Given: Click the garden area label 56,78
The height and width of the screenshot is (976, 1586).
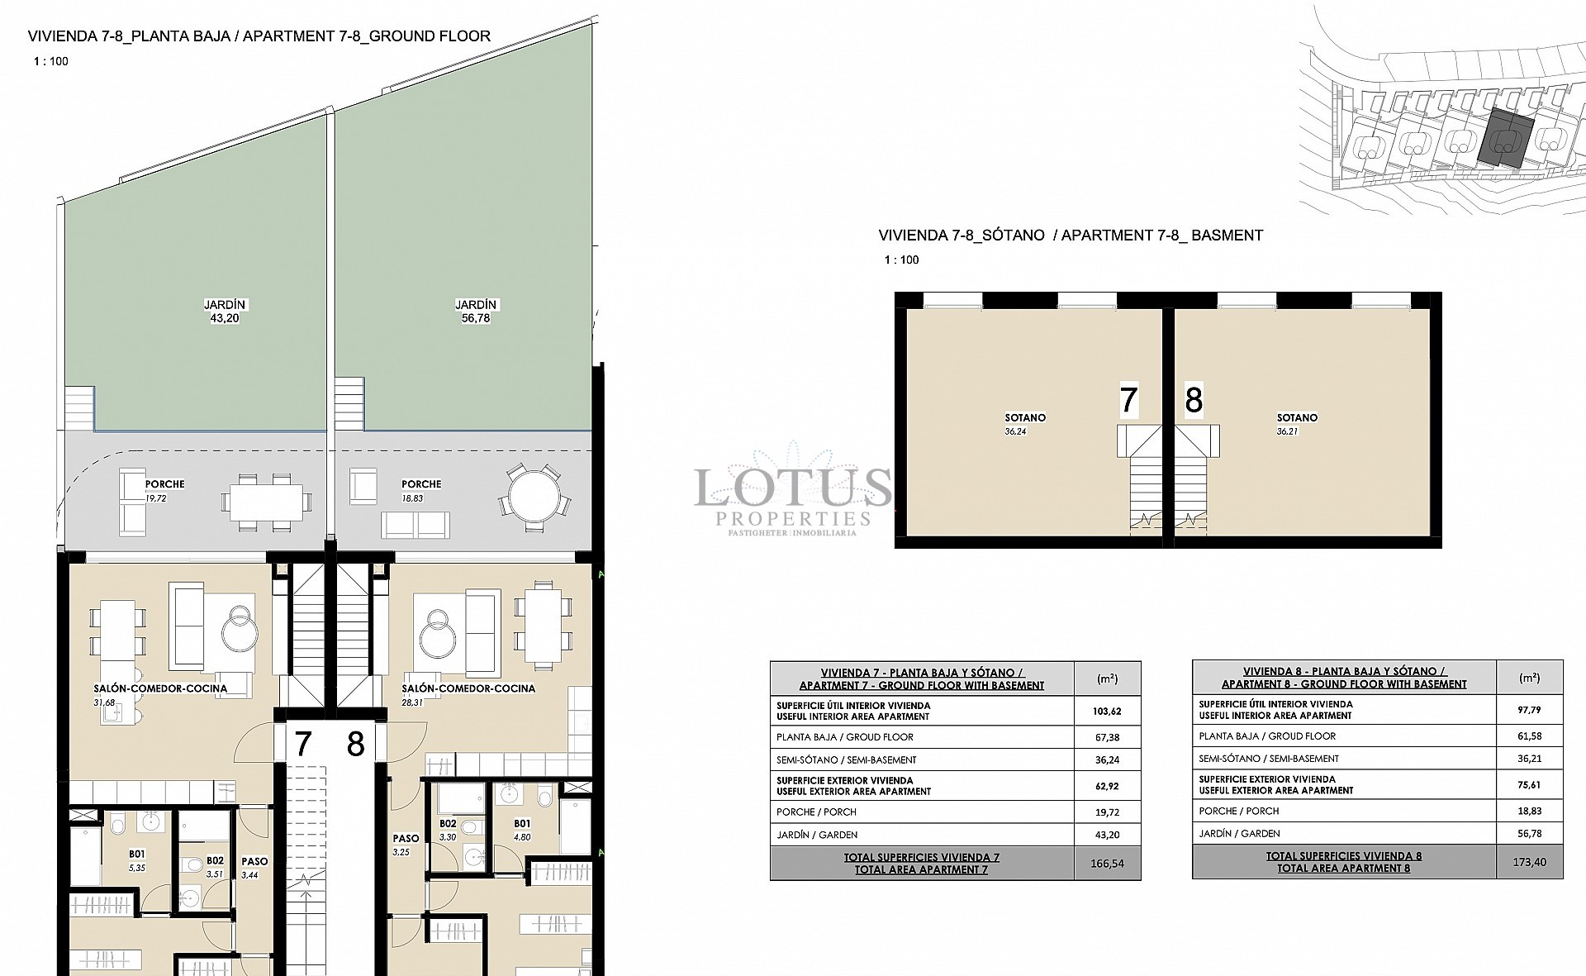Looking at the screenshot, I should (x=475, y=312).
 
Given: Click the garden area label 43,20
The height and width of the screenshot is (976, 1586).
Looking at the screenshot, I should (x=225, y=312).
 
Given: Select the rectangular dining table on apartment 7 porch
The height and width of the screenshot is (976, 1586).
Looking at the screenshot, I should (x=266, y=502).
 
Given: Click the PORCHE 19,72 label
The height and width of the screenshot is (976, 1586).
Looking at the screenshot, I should (x=164, y=490).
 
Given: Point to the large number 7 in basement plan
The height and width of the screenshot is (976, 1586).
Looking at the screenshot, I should (x=1128, y=400).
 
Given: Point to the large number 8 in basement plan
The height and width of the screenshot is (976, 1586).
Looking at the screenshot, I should (x=1193, y=400).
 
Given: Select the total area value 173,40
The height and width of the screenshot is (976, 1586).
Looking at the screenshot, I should (x=1529, y=862).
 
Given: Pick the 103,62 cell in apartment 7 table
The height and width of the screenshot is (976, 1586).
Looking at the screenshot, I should (x=1107, y=711).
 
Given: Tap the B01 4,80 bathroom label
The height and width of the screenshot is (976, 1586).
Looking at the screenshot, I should (x=522, y=830).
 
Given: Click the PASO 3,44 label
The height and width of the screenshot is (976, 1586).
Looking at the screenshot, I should (x=254, y=867).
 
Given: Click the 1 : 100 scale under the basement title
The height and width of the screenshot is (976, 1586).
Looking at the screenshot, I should (x=901, y=259).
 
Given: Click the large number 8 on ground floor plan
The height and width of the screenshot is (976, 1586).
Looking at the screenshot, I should (x=355, y=745).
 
